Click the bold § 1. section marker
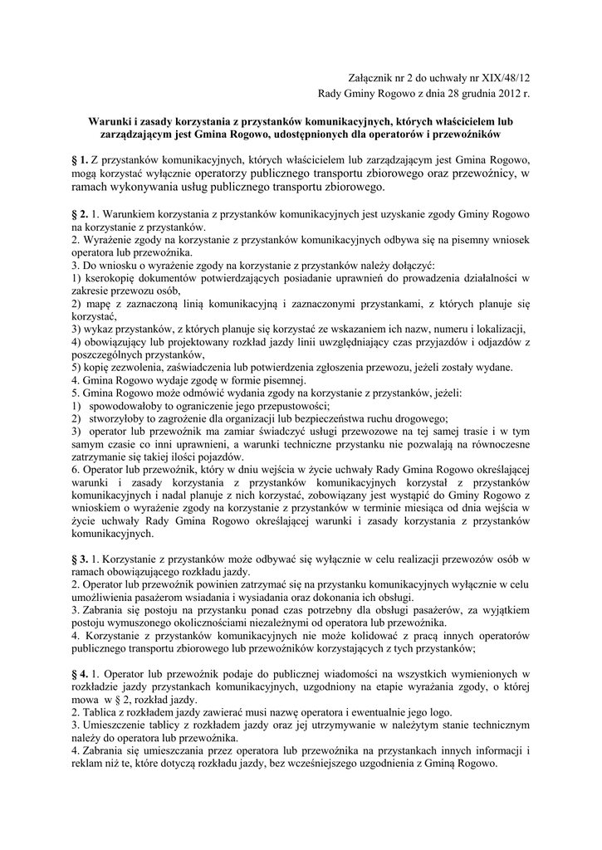click(81, 159)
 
